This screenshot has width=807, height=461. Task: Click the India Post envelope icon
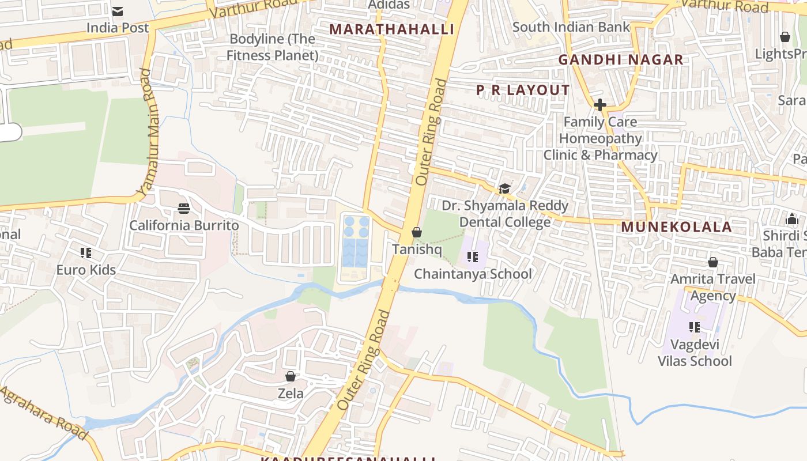pos(118,11)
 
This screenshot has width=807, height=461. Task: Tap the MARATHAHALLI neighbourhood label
pos(391,29)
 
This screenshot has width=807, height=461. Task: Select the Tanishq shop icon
pos(416,233)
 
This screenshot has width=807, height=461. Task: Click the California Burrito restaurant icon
pos(184,208)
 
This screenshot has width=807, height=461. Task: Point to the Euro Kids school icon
pos(86,253)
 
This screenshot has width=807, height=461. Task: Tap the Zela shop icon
pos(291,377)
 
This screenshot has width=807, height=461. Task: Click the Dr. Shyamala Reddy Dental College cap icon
pos(504,188)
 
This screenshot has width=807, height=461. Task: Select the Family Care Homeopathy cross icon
pos(600,105)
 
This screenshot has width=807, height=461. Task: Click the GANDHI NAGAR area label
pos(621,59)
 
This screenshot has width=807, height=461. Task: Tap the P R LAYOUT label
pos(523,90)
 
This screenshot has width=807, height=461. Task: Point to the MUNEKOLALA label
pos(676,227)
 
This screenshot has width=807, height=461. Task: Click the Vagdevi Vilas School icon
pos(695,327)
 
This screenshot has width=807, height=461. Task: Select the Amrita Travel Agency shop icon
pos(713,263)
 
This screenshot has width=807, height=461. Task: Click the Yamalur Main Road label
pos(148,133)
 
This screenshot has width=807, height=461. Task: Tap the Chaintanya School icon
pos(473,257)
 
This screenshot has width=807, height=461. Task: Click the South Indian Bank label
pos(571,27)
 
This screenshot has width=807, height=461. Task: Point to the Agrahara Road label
pos(43,412)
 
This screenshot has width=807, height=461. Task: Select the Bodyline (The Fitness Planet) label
pos(272,47)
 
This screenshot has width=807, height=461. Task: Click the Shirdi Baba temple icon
pos(791,220)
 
